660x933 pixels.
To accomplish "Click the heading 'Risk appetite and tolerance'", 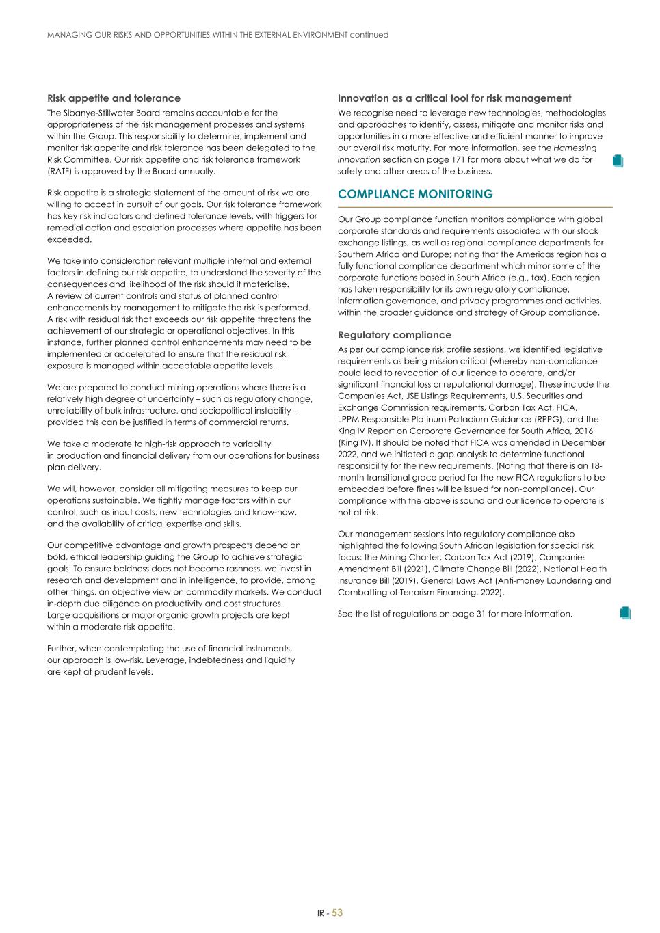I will click(x=114, y=98).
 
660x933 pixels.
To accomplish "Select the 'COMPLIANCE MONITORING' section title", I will click(x=415, y=194).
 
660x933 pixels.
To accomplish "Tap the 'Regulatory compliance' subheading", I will click(x=395, y=335).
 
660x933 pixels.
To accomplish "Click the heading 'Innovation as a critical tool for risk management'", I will click(x=454, y=98).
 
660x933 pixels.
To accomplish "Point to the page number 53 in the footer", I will click(x=337, y=912).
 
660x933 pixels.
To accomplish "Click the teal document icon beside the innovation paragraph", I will click(x=618, y=161).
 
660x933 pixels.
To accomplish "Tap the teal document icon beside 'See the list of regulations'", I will click(x=624, y=612).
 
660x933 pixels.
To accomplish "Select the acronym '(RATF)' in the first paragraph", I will click(x=61, y=171).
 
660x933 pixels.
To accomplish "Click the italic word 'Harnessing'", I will click(x=575, y=148).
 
